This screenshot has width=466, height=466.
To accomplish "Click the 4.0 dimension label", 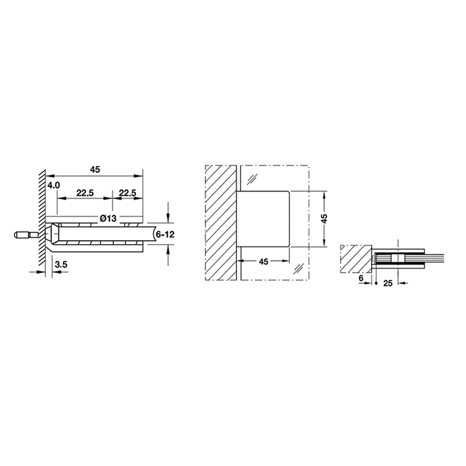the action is pyautogui.click(x=54, y=185).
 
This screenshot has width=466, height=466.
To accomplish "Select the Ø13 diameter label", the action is pyautogui.click(x=108, y=218).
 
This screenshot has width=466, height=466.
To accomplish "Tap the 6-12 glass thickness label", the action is pyautogui.click(x=165, y=235).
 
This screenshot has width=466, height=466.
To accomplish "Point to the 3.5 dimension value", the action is pyautogui.click(x=61, y=264).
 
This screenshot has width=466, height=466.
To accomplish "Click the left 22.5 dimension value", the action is pyautogui.click(x=85, y=193).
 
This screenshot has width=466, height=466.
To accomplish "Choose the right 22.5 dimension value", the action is pyautogui.click(x=128, y=193).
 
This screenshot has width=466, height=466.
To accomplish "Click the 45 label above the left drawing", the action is pyautogui.click(x=95, y=170).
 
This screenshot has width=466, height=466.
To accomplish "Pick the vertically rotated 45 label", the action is pyautogui.click(x=324, y=218).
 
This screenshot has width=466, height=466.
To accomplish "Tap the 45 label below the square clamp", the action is pyautogui.click(x=264, y=262).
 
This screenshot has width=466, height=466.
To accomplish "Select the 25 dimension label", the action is pyautogui.click(x=388, y=283).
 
